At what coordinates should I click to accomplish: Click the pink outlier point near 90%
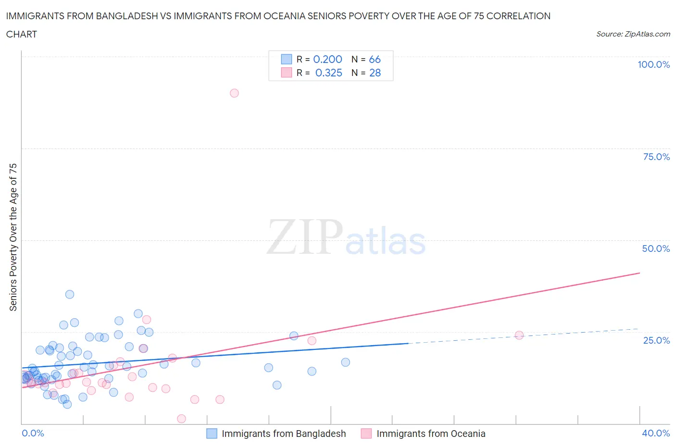(x=234, y=93)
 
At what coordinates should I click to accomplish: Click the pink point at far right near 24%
(x=519, y=335)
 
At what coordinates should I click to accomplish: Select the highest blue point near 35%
(x=70, y=294)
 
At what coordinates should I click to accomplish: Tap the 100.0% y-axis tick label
(x=653, y=64)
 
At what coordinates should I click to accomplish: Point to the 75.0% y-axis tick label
(x=656, y=157)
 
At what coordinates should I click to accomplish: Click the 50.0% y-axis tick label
(x=656, y=248)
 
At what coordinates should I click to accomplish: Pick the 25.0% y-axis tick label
(x=656, y=340)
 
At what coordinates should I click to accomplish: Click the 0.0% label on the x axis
(x=33, y=433)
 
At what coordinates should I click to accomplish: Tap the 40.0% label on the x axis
(x=656, y=433)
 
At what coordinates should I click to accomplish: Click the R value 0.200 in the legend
(x=327, y=59)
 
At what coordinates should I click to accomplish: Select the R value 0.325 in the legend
(x=328, y=73)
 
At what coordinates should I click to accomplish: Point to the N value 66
(x=375, y=59)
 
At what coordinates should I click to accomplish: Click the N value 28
(x=375, y=73)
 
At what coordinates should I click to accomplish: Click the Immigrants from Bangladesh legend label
(x=283, y=434)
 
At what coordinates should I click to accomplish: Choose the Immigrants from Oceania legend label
(x=430, y=434)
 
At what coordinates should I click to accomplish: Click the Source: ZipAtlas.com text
(x=633, y=34)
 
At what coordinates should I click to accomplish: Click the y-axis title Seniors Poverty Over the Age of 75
(x=13, y=237)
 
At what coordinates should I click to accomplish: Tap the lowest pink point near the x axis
(x=181, y=419)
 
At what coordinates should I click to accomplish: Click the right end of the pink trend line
(x=639, y=273)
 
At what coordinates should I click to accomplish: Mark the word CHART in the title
(x=22, y=34)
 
